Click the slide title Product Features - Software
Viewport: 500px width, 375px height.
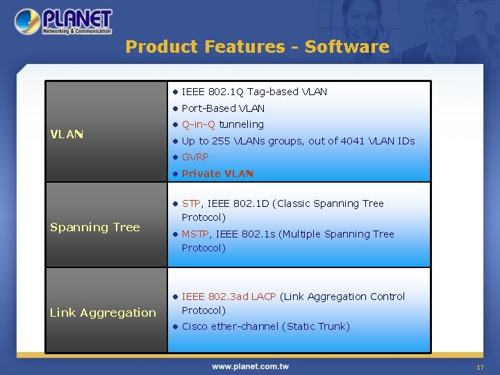click(257, 47)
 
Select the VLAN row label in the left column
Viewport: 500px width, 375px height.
click(67, 134)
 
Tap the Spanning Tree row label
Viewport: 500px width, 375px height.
click(94, 227)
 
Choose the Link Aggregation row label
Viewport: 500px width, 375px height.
click(103, 312)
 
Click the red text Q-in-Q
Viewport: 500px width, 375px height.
click(199, 124)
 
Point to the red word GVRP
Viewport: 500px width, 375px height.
click(195, 157)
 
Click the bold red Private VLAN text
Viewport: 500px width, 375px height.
click(217, 174)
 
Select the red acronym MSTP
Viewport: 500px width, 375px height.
click(194, 234)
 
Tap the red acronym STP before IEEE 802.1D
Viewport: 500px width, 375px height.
click(191, 203)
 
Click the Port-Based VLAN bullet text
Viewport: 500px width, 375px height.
click(223, 108)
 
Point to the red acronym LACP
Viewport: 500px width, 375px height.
click(263, 297)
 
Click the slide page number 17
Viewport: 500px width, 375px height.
click(479, 367)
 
